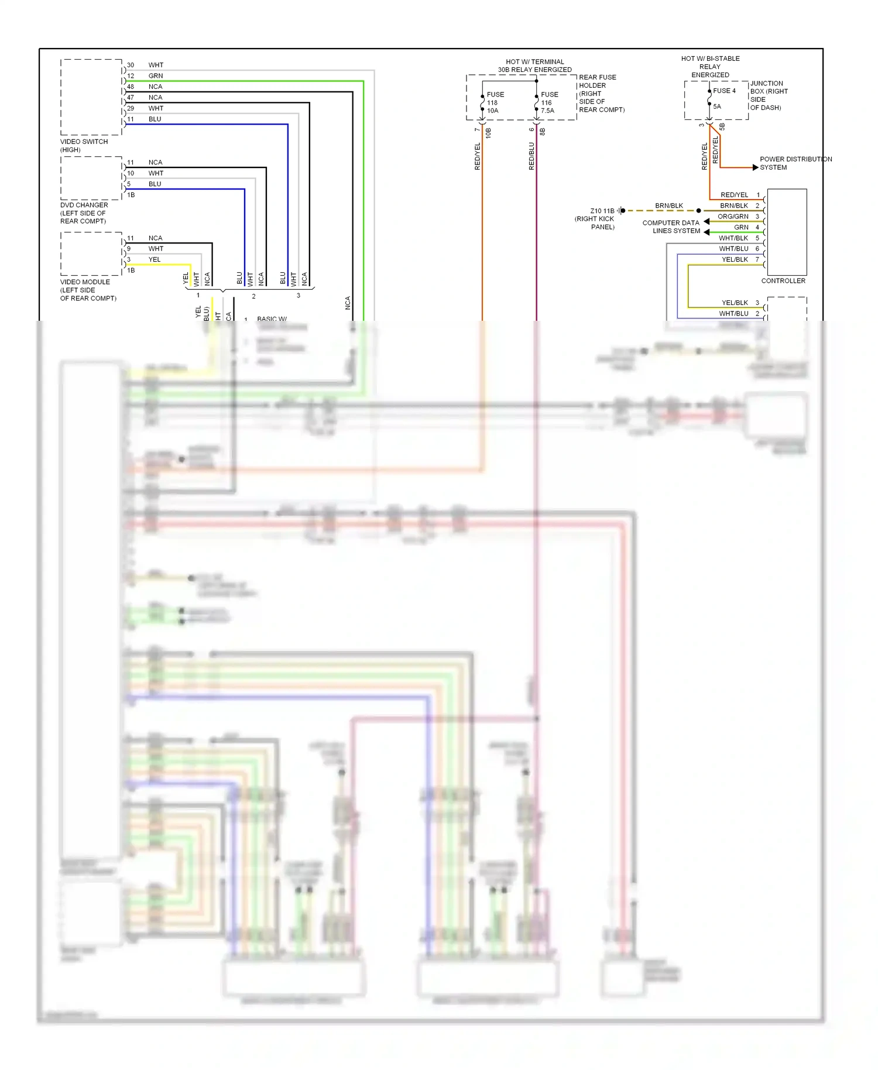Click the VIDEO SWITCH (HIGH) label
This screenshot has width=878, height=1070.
84,146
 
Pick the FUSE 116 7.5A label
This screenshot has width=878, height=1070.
549,102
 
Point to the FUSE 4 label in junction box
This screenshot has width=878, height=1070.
724,91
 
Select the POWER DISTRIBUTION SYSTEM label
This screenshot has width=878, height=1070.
795,163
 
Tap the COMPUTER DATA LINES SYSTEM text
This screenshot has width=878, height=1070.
671,227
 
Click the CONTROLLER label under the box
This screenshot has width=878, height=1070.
783,281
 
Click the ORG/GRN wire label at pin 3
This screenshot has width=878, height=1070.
733,217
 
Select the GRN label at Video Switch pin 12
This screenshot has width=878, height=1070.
156,76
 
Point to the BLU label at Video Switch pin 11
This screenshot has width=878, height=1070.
155,119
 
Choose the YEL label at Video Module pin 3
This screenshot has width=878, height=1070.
154,260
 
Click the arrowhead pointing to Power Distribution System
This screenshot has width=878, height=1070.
755,167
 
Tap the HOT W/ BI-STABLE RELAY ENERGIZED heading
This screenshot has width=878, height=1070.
710,67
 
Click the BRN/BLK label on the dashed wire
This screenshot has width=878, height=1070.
668,206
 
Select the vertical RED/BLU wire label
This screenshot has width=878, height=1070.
531,156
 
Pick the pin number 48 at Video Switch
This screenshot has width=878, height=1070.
131,87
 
